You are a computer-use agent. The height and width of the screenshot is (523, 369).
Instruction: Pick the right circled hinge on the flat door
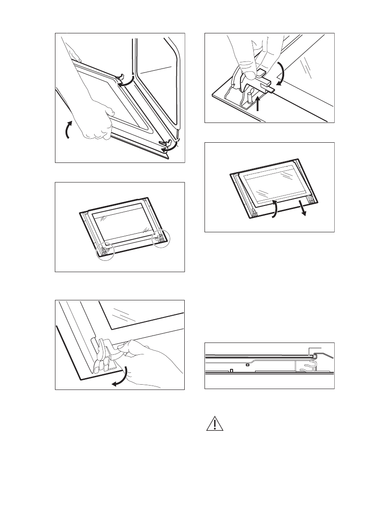(160, 239)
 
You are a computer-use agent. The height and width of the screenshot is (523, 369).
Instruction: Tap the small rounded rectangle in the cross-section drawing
(248, 364)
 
